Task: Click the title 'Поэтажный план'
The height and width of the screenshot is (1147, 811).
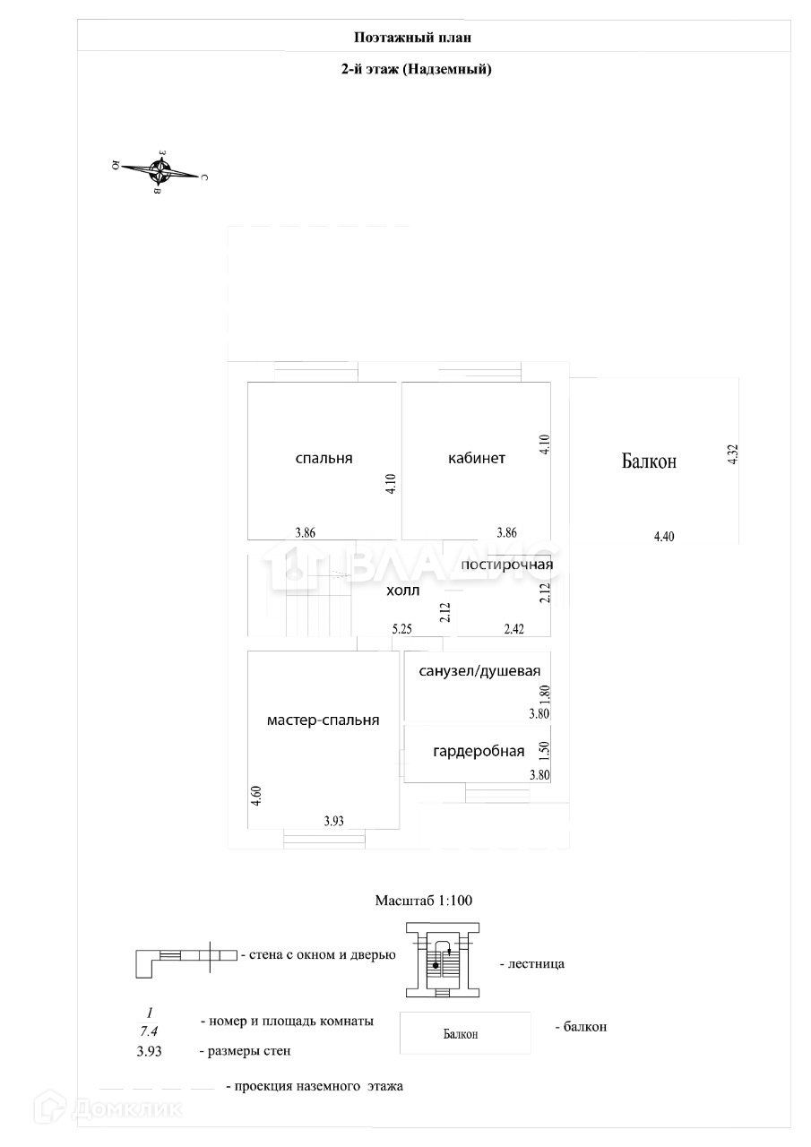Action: click(x=412, y=38)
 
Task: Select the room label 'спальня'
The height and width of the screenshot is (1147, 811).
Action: click(x=324, y=458)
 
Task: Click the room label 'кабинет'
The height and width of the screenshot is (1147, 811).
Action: click(x=477, y=458)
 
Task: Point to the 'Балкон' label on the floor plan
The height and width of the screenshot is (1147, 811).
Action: click(x=649, y=461)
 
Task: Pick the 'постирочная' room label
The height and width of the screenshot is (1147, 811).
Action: click(x=506, y=565)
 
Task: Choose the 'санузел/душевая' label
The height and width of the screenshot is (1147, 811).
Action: click(x=473, y=671)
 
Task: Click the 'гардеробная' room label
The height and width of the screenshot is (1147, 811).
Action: click(x=479, y=751)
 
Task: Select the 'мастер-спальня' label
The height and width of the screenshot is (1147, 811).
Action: click(x=324, y=720)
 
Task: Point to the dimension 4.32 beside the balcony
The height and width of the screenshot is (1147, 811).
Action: click(x=732, y=453)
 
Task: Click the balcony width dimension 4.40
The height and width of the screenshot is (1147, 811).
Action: click(x=663, y=537)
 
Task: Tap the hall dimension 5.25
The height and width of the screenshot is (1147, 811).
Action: click(x=401, y=629)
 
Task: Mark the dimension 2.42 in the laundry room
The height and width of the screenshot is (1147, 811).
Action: click(x=514, y=629)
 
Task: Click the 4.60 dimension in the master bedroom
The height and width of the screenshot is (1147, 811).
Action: click(x=257, y=796)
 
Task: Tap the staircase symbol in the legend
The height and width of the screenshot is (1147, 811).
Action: click(x=442, y=961)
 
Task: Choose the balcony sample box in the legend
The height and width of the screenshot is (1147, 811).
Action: click(x=465, y=1033)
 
